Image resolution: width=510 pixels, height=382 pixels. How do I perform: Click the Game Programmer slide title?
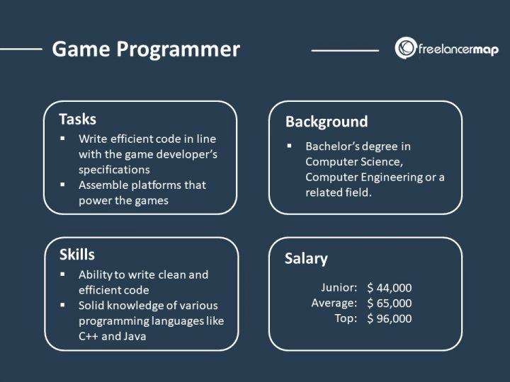click(x=146, y=50)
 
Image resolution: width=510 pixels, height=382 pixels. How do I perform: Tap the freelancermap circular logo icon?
click(x=406, y=48)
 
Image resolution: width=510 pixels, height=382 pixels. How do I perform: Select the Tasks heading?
click(x=78, y=119)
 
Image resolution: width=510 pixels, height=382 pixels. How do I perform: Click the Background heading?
click(x=327, y=122)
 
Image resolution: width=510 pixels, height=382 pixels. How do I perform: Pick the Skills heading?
click(x=76, y=255)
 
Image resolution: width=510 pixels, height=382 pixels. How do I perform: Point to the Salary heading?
click(x=306, y=258)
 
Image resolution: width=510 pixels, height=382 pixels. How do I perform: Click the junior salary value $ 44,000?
click(x=389, y=288)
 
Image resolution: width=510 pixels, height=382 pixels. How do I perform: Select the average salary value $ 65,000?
click(x=389, y=303)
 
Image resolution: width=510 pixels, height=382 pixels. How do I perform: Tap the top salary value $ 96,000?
click(x=389, y=318)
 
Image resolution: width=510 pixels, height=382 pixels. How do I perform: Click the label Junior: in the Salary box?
click(x=339, y=288)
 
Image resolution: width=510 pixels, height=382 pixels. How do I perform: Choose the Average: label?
click(x=333, y=303)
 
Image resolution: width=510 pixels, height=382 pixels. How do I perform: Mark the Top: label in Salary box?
click(x=346, y=318)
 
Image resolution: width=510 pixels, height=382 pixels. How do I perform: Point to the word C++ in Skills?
click(x=90, y=337)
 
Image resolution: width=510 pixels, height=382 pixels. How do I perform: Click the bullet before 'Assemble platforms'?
click(x=63, y=185)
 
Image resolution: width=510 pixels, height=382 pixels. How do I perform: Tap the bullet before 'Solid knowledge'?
click(x=63, y=306)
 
